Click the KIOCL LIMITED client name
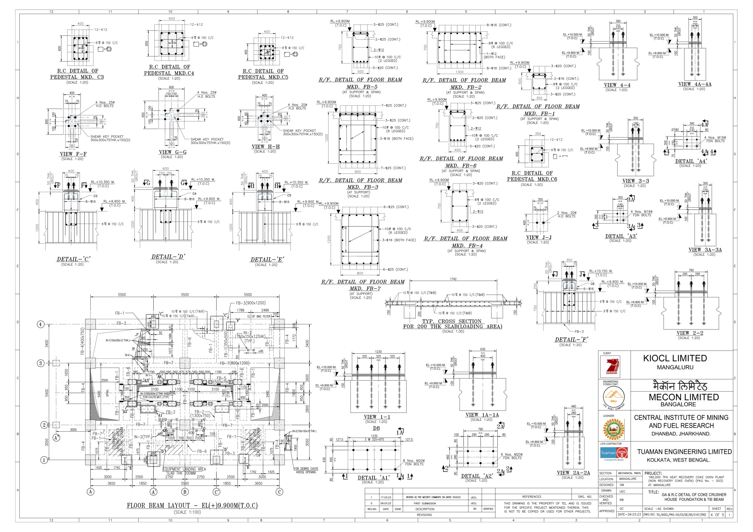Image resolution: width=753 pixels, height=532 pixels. [x=675, y=358]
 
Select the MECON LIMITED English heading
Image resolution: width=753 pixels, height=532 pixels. [x=684, y=397]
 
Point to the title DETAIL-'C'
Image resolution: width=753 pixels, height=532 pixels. [x=74, y=259]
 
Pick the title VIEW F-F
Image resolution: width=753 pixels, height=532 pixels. [x=73, y=154]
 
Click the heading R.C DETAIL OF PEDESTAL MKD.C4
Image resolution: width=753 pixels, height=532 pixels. [x=169, y=70]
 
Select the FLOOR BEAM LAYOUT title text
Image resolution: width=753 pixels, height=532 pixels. [x=192, y=506]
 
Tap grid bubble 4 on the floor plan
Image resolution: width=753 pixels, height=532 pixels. [x=40, y=324]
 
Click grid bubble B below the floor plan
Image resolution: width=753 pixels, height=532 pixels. [x=185, y=492]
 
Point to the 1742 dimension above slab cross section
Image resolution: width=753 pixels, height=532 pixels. [x=453, y=279]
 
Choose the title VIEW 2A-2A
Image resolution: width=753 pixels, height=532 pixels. [x=573, y=473]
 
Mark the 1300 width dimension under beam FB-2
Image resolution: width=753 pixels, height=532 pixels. [x=459, y=72]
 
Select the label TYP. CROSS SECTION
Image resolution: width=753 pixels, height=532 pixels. [x=452, y=321]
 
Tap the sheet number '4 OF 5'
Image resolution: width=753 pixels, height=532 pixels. [x=717, y=515]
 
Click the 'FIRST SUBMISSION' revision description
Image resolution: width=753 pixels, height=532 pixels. [x=425, y=503]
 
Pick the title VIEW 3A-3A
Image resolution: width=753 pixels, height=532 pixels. [x=705, y=250]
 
